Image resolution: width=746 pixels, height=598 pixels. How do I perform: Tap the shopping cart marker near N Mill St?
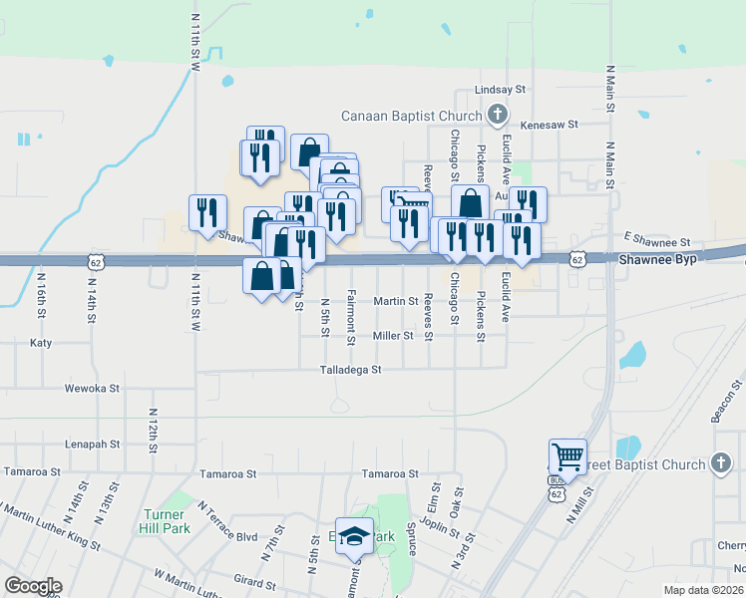567,457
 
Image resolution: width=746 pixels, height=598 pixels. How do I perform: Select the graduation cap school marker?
354,536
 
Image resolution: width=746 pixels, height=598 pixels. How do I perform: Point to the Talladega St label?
350,370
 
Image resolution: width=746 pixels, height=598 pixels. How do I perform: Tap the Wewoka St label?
92,388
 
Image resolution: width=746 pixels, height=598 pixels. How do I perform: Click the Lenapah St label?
92,444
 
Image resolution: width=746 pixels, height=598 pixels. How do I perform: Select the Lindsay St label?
500,89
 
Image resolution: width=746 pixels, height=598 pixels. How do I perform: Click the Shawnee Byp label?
652,257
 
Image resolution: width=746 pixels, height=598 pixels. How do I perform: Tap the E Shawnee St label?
657,241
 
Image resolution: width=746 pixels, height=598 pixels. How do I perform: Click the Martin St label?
395,300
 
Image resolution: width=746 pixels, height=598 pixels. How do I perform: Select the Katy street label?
41,342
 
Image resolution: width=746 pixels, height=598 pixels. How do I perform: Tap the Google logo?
33,586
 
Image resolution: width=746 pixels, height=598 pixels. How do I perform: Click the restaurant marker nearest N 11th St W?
207,212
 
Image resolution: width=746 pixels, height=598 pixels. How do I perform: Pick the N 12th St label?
154,429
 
